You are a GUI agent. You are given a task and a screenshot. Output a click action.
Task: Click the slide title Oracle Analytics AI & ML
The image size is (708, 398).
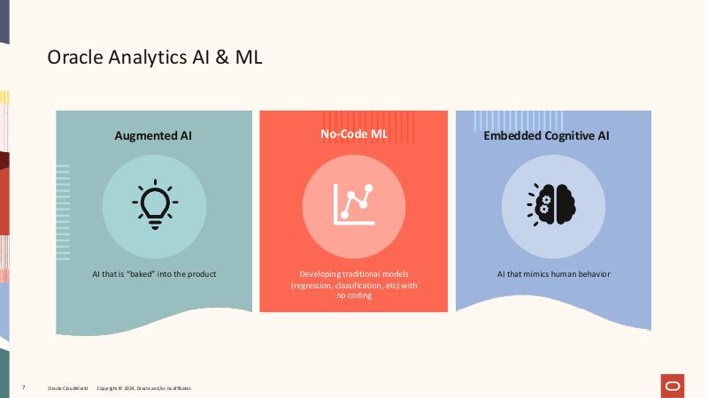tap(154, 57)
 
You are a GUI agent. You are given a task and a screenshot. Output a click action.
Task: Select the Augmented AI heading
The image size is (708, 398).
tap(153, 136)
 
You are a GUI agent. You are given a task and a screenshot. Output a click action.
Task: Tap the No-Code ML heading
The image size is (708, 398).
tap(353, 134)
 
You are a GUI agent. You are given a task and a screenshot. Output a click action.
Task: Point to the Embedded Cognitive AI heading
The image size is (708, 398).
tap(546, 136)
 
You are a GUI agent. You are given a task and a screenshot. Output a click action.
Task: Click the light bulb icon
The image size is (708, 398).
tap(154, 206)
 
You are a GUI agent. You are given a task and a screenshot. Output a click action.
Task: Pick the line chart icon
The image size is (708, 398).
tap(353, 203)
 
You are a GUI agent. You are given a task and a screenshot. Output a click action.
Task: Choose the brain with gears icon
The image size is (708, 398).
tap(552, 205)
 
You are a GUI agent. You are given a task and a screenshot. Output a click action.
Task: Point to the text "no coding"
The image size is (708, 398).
tap(353, 296)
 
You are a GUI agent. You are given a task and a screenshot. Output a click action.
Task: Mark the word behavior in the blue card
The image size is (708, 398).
tap(592, 274)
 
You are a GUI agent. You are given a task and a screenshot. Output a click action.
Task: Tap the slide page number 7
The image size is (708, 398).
tap(24, 388)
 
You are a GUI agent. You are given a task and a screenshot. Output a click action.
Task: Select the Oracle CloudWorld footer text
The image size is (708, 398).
tap(66, 388)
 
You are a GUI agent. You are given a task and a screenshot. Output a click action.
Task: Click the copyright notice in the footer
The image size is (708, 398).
tap(143, 388)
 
